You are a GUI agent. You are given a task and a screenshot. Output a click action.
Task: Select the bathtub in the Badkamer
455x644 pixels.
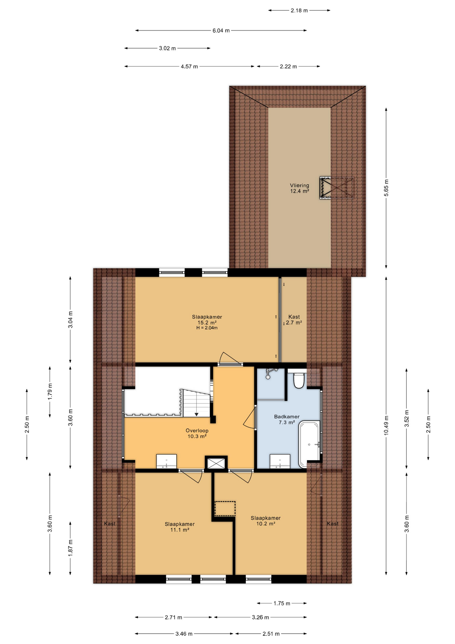pyautogui.click(x=309, y=444)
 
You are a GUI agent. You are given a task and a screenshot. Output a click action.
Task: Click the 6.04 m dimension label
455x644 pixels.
pyautogui.click(x=221, y=31)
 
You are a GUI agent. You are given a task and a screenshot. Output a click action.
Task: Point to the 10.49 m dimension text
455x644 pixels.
pyautogui.click(x=386, y=425)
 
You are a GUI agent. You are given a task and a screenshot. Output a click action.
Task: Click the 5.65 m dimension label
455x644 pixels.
pyautogui.click(x=386, y=188)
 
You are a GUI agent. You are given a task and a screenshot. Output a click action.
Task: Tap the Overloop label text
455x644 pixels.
pyautogui.click(x=197, y=430)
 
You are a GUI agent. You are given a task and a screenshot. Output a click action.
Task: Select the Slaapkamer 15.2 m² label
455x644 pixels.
pyautogui.click(x=207, y=320)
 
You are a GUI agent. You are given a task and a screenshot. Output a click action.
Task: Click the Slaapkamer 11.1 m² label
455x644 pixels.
pyautogui.click(x=180, y=527)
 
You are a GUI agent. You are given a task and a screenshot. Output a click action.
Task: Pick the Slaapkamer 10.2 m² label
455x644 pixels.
pyautogui.click(x=266, y=521)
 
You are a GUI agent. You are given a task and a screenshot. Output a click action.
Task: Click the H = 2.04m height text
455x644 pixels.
pyautogui.click(x=207, y=328)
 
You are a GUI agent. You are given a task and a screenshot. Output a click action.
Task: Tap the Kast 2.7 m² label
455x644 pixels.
pyautogui.click(x=294, y=320)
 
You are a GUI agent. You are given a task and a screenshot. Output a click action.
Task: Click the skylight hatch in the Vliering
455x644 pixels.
pyautogui.click(x=336, y=188)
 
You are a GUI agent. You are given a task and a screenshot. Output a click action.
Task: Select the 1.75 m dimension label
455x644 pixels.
pyautogui.click(x=282, y=603)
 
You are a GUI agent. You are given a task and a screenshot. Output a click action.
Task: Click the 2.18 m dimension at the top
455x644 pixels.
pyautogui.click(x=299, y=10)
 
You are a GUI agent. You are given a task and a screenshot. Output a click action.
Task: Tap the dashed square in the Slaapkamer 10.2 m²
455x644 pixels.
pyautogui.click(x=225, y=508)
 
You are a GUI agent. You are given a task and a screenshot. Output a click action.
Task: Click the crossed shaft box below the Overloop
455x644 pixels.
pyautogui.click(x=216, y=463)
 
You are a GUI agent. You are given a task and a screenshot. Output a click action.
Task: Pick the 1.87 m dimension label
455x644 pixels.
pyautogui.click(x=70, y=548)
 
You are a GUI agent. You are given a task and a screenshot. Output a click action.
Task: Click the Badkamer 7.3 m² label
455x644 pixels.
pyautogui.click(x=287, y=420)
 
